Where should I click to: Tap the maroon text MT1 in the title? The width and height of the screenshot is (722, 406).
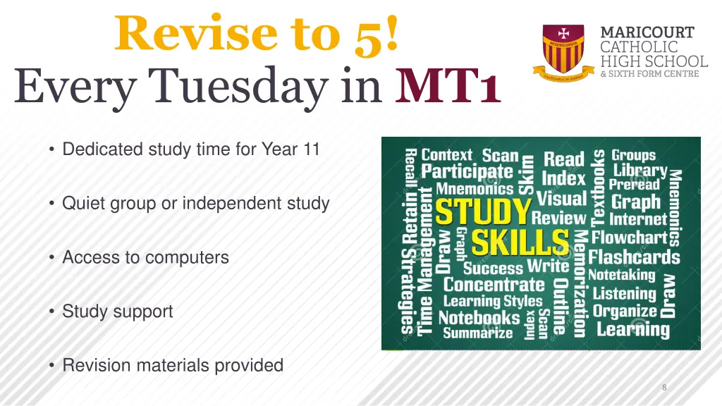(x=448, y=90)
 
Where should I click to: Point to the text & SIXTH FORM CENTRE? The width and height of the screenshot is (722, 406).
(x=649, y=73)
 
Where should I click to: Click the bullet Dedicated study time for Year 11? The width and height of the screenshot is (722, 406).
(x=190, y=149)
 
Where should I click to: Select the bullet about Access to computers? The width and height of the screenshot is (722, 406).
(x=145, y=257)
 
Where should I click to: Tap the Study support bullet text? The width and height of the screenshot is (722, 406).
(x=117, y=311)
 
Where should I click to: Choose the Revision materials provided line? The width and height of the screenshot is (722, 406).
(x=173, y=365)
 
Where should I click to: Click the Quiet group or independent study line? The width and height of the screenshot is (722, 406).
(x=195, y=204)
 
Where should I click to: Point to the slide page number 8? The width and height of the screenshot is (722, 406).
(x=664, y=388)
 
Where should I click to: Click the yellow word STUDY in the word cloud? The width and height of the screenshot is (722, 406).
(x=482, y=212)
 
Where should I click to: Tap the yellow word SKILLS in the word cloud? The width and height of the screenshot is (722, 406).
(x=520, y=243)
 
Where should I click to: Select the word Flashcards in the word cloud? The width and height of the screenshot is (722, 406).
(x=634, y=257)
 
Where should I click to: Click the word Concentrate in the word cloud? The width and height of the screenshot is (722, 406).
(x=494, y=285)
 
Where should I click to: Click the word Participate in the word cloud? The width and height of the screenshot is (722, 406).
(x=467, y=171)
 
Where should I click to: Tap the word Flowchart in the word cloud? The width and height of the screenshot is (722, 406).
(x=629, y=238)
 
